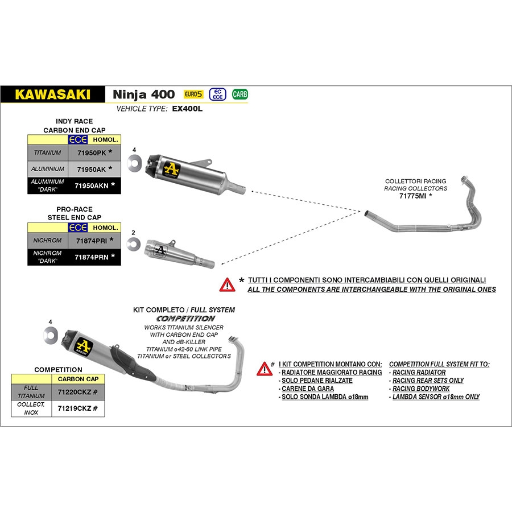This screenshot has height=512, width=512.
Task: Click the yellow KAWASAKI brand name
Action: click(x=52, y=94)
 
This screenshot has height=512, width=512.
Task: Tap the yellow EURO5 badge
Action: click(x=193, y=94)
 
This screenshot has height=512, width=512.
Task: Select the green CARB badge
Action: click(x=240, y=94)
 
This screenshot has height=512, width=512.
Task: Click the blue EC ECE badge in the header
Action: click(x=217, y=94)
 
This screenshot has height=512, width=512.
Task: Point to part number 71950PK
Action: click(x=92, y=153)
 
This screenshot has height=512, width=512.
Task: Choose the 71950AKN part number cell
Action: click(x=94, y=186)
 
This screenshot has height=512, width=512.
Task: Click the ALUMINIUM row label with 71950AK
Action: click(x=48, y=169)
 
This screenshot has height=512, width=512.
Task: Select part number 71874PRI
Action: click(x=92, y=241)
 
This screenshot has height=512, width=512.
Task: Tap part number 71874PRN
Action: click(x=92, y=257)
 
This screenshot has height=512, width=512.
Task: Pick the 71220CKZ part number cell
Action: click(x=78, y=392)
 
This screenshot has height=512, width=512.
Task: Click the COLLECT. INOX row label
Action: click(x=31, y=408)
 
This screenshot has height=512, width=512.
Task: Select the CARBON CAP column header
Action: click(x=78, y=379)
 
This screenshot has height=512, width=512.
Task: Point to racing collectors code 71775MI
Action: click(x=413, y=196)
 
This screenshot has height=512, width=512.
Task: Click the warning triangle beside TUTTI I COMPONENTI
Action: click(x=227, y=285)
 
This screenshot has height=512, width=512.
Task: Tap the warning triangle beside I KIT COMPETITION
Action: click(x=265, y=369)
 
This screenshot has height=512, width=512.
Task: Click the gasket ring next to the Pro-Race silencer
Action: click(x=134, y=244)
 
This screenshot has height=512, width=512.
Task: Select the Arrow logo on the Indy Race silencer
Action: click(x=171, y=170)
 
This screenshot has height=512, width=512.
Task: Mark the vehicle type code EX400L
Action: click(x=187, y=109)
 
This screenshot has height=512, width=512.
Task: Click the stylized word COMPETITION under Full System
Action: click(x=185, y=319)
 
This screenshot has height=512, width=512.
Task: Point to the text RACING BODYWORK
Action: click(x=421, y=389)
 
